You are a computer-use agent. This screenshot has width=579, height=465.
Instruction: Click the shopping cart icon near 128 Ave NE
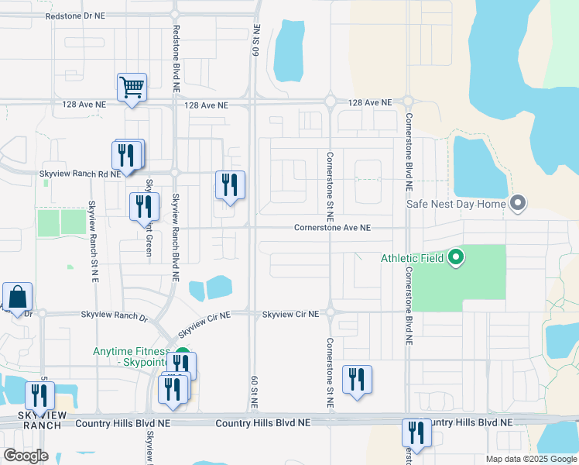tap(132, 88)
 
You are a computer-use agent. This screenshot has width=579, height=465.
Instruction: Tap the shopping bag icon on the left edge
tap(17, 298)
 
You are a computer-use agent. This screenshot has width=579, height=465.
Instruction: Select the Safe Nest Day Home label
tap(456, 205)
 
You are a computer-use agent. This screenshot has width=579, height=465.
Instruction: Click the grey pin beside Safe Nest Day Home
tap(518, 204)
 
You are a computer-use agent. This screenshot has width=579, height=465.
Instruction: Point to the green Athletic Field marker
tap(456, 257)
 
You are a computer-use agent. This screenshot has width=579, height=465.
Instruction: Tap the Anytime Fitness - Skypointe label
tap(132, 356)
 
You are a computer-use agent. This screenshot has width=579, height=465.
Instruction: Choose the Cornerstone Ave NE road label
tap(332, 228)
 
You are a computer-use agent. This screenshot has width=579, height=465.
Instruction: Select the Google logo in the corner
tap(26, 456)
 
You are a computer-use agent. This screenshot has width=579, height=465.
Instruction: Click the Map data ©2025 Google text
tap(531, 459)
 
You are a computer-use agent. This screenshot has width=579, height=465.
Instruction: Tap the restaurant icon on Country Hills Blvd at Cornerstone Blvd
tap(416, 433)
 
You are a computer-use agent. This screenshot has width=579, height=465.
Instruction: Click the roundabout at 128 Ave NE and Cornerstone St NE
tap(331, 102)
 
